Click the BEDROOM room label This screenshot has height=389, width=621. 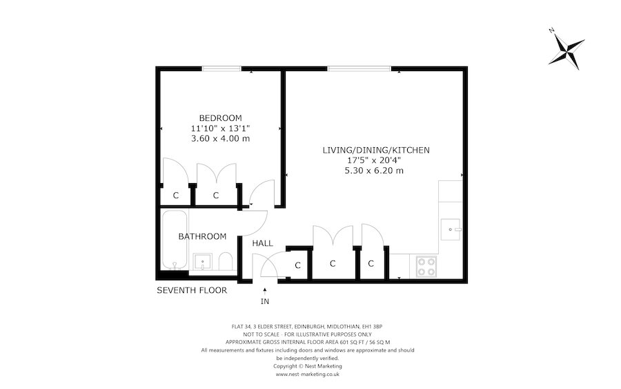coord(220,117)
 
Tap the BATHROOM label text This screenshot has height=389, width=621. coord(202,236)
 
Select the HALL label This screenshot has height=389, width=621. coord(262,243)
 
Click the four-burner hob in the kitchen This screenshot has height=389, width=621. coord(426,266)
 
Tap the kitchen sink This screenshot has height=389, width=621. coord(451,228)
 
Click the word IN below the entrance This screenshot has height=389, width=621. coord(265,303)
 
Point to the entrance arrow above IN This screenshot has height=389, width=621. coord(265,290)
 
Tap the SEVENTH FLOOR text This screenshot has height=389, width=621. coord(192,290)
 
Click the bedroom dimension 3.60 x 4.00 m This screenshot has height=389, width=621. coord(220,138)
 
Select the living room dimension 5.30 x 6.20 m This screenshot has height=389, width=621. coord(373,171)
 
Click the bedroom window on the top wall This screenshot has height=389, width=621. coord(221,68)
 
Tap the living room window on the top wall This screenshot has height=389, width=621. coord(359,68)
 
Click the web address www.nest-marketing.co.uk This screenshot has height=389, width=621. coord(308,374)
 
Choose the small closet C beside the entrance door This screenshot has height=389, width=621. coord(298,265)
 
